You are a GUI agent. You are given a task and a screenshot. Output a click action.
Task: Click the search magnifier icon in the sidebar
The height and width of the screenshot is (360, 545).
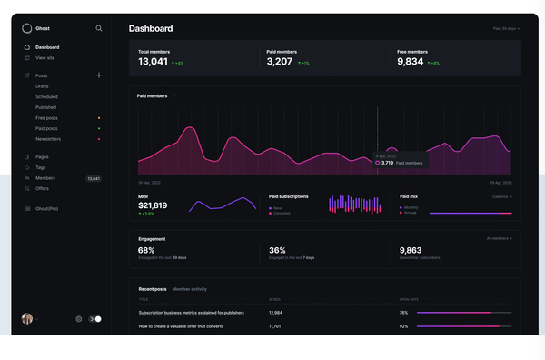pyautogui.click(x=99, y=28)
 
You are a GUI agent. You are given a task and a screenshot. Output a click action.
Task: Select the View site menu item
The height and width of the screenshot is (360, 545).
pyautogui.click(x=45, y=57)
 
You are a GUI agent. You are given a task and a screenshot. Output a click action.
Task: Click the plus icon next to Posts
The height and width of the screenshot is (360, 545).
pyautogui.click(x=99, y=75)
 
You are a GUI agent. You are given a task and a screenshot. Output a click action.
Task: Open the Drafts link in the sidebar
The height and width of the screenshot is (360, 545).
pyautogui.click(x=44, y=85)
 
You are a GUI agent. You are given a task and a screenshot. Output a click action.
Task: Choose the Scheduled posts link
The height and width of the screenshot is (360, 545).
pyautogui.click(x=46, y=96)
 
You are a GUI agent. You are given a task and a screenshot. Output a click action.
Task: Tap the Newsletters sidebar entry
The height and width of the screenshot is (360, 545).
pyautogui.click(x=48, y=139)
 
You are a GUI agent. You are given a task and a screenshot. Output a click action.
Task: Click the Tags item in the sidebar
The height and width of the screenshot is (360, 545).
pyautogui.click(x=41, y=167)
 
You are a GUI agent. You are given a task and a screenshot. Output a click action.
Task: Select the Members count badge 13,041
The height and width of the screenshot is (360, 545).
pyautogui.click(x=94, y=179)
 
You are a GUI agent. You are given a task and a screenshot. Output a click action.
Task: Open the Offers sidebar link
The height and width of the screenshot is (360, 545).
pyautogui.click(x=42, y=188)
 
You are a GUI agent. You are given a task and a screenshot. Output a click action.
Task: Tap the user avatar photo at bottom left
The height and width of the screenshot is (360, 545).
pyautogui.click(x=27, y=319)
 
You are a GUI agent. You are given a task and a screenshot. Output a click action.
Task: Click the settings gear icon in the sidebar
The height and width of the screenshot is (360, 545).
pyautogui.click(x=79, y=319)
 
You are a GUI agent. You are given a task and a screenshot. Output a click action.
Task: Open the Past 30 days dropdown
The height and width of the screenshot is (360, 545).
pyautogui.click(x=506, y=28)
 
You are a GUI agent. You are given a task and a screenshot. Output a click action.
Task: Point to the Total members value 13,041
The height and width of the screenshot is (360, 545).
pyautogui.click(x=153, y=62)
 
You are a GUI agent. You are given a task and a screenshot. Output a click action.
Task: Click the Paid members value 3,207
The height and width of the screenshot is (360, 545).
pyautogui.click(x=280, y=62)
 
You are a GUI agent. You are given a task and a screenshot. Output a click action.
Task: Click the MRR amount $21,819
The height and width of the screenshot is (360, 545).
pyautogui.click(x=153, y=205)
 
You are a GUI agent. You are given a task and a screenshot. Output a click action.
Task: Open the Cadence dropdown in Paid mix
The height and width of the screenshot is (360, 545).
pyautogui.click(x=501, y=196)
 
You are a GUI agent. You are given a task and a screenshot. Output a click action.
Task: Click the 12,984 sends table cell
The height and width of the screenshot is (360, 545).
pyautogui.click(x=276, y=312)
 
